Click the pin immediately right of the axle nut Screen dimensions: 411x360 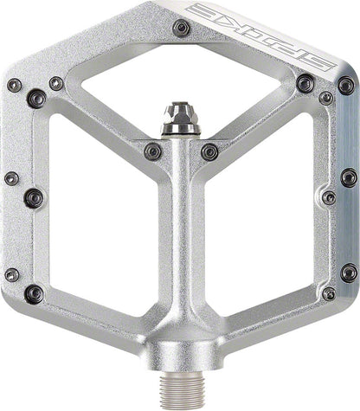click(x=209, y=151)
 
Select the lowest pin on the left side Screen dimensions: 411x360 click(x=34, y=294)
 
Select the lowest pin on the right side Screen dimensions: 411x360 click(x=325, y=294)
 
